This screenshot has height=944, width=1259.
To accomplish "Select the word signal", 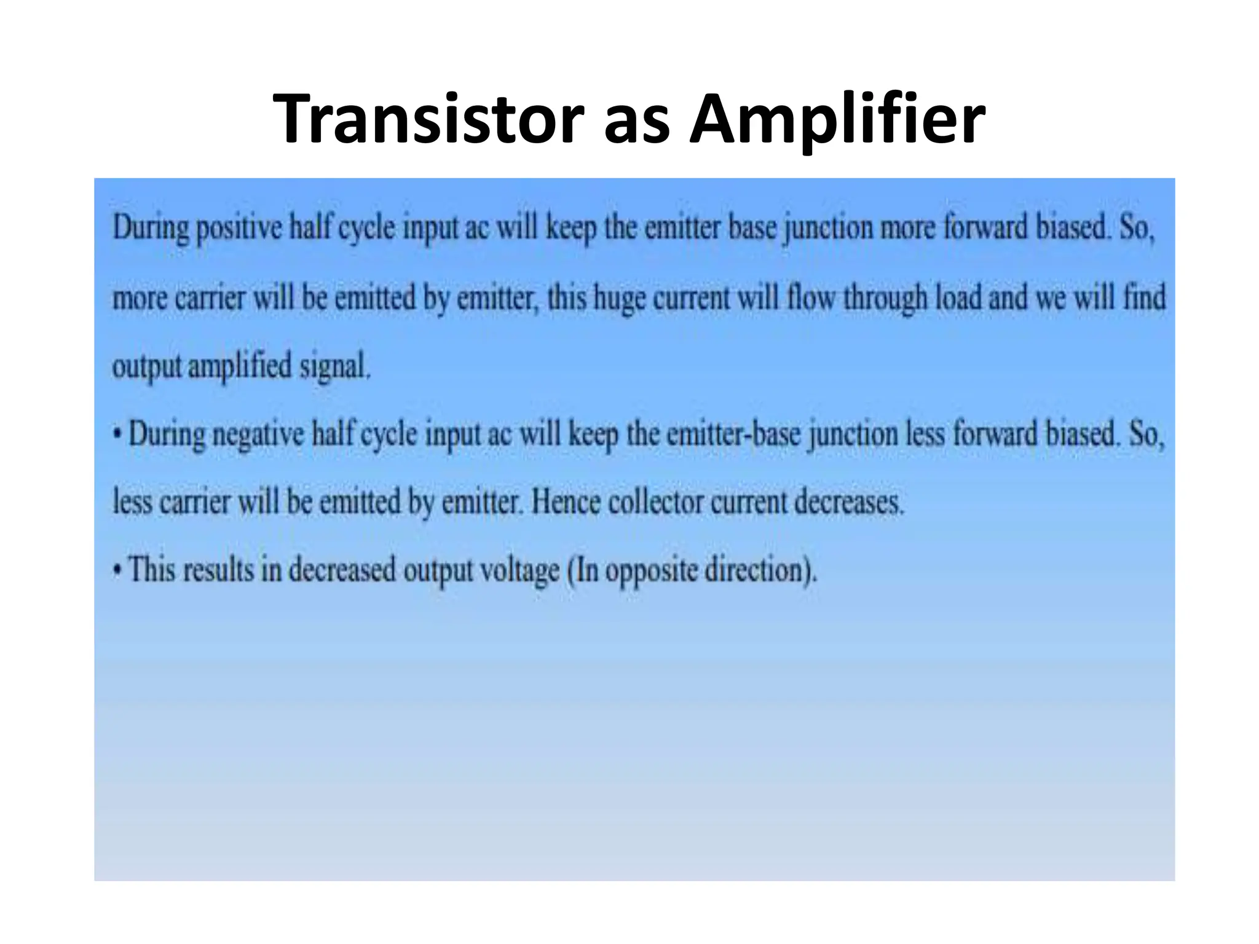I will coord(334,368).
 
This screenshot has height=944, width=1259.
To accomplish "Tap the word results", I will coord(218,570).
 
